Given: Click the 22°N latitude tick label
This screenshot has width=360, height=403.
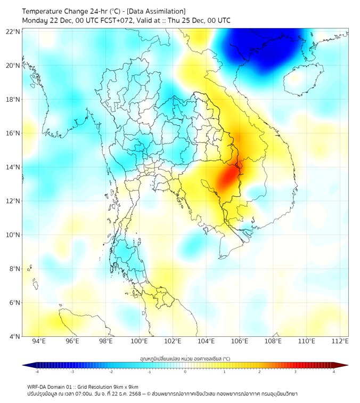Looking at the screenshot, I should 13,31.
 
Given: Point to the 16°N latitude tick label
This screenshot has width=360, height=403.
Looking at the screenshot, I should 13,133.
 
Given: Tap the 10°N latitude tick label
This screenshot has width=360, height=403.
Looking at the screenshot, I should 13,235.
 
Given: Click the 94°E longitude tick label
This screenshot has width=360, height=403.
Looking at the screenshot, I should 39,341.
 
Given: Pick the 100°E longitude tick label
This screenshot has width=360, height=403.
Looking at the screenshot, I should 139,341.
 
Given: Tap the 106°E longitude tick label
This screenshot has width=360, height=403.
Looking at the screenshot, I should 240,341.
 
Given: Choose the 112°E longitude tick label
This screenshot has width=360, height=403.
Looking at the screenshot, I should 340,341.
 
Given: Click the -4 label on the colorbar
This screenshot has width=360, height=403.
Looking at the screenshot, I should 37,372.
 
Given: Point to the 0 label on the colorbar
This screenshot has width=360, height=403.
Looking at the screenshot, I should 185,372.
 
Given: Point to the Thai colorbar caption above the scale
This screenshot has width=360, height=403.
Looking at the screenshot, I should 185,358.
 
